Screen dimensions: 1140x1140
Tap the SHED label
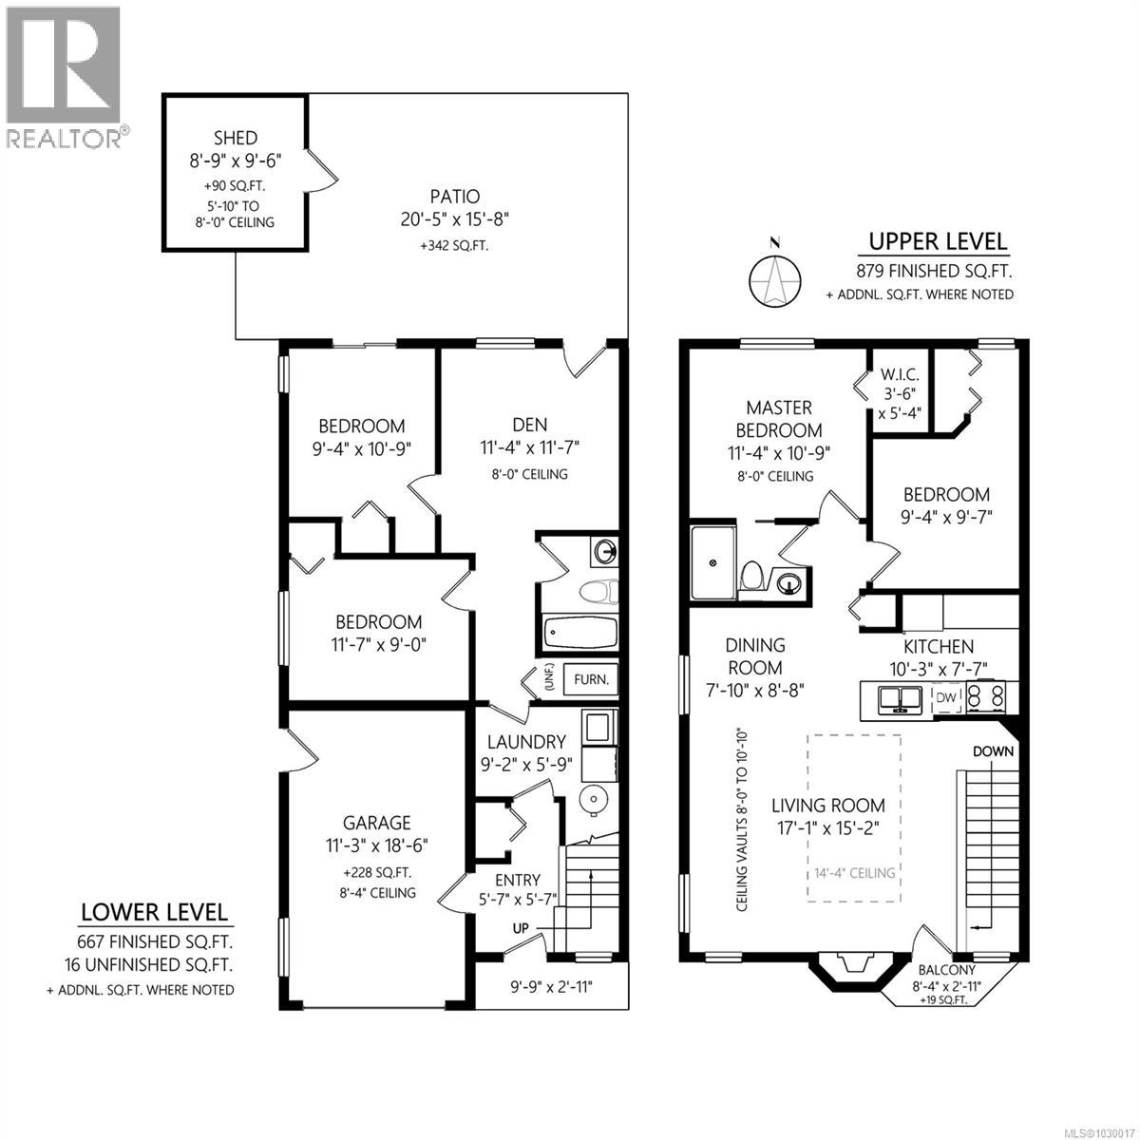tap(236, 139)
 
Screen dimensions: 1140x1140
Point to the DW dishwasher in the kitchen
tap(946, 698)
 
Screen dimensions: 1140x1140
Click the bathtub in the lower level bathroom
tap(579, 632)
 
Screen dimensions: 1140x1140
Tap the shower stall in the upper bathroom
tap(712, 562)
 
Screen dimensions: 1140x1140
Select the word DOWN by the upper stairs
tap(994, 750)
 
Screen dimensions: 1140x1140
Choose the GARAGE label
tap(377, 823)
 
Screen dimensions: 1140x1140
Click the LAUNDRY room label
tap(526, 742)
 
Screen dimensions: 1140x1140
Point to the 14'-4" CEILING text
tap(853, 872)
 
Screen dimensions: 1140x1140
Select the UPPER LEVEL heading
tap(939, 241)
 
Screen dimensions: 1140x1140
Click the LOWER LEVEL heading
tap(155, 913)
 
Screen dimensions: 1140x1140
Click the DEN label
tap(529, 425)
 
